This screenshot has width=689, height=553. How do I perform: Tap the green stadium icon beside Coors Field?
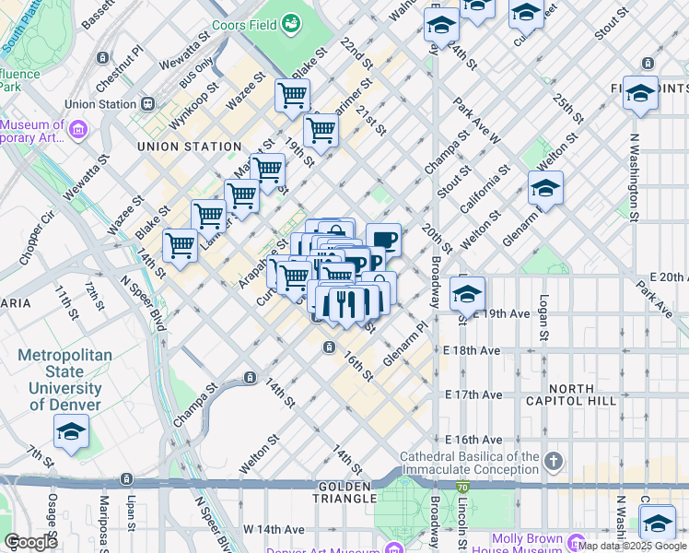(x=291, y=21)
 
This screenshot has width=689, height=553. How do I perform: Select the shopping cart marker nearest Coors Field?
(x=292, y=94)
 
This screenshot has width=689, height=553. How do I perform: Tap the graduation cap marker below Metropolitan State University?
(x=71, y=432)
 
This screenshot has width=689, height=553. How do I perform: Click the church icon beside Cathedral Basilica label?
(x=553, y=459)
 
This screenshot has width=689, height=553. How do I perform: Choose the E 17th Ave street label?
(x=473, y=394)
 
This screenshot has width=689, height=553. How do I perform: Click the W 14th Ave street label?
(x=274, y=530)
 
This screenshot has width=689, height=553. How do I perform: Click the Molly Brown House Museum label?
(x=535, y=545)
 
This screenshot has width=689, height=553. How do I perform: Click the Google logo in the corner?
(x=30, y=542)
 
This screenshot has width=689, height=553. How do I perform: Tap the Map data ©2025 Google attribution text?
(x=632, y=546)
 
